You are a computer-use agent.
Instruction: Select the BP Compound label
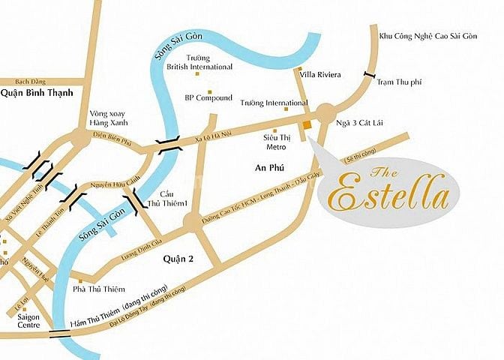[x=207, y=97]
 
